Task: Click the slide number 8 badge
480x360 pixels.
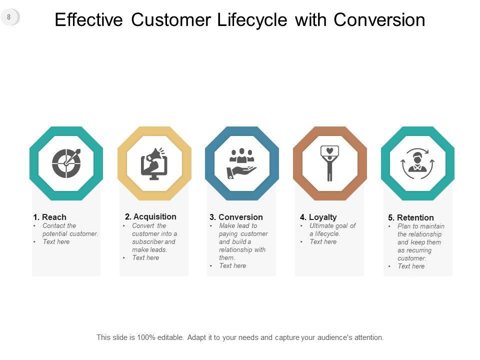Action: [x=9, y=17]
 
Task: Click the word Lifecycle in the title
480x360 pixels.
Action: [x=252, y=20]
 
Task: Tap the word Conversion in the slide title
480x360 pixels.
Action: [x=379, y=20]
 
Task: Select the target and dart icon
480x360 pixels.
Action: [x=66, y=163]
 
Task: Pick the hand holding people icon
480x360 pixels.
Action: [x=242, y=164]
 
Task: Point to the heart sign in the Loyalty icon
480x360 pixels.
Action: [x=329, y=151]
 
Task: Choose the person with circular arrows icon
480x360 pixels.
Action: [x=417, y=163]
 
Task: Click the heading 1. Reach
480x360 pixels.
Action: [x=49, y=217]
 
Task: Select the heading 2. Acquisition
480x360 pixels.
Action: [x=150, y=216]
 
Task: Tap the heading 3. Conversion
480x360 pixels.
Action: [x=236, y=217]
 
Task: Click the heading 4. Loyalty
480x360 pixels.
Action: [x=318, y=217]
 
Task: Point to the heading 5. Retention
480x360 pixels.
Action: [x=411, y=217]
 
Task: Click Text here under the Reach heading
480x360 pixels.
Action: [x=56, y=241]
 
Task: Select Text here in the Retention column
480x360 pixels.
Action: [x=411, y=266]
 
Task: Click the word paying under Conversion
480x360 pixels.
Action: [x=228, y=234]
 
